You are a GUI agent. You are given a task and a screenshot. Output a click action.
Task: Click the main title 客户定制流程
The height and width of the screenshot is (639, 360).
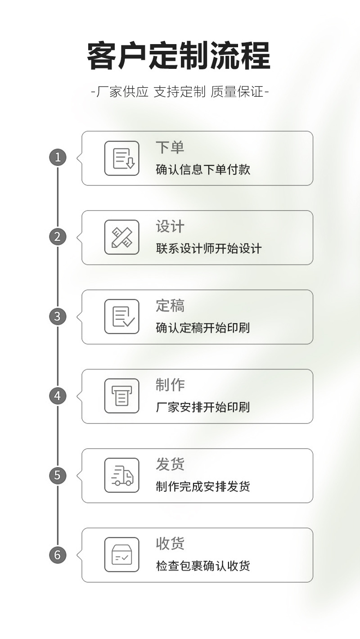[179, 56]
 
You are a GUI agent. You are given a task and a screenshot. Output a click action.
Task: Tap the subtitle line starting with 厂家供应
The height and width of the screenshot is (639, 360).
[180, 92]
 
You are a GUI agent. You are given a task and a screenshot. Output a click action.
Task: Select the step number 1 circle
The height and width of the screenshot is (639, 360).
[58, 157]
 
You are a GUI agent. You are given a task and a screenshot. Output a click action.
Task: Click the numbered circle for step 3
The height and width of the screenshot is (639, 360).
[58, 316]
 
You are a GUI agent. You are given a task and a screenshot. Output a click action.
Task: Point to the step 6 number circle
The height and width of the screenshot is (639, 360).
[58, 554]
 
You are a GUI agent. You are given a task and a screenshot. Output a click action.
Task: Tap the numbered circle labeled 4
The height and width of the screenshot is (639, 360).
[58, 396]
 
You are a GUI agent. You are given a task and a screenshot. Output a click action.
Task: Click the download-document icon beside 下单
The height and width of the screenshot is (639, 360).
[122, 158]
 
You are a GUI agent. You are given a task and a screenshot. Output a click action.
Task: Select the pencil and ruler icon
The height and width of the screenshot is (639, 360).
[122, 237]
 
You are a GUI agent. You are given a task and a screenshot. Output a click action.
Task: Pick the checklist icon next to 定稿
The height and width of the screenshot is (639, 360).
[122, 316]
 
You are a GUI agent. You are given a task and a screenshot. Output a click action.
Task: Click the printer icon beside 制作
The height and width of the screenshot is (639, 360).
[122, 396]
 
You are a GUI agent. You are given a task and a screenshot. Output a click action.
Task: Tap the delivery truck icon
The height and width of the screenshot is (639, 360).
[122, 475]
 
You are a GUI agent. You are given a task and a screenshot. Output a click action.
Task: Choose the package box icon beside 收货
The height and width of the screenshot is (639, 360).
[122, 554]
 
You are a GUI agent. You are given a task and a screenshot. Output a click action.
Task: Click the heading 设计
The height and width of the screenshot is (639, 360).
[170, 226]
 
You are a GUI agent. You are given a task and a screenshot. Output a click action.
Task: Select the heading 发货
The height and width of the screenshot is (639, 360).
[170, 464]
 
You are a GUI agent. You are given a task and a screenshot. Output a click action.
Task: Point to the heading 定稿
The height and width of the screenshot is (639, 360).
[170, 306]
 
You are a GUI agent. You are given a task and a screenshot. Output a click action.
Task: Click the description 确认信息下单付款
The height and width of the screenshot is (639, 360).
[203, 170]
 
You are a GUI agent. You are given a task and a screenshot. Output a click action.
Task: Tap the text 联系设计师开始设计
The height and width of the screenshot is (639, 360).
[209, 249]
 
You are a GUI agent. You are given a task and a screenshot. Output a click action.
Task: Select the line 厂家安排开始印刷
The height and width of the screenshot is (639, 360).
[203, 408]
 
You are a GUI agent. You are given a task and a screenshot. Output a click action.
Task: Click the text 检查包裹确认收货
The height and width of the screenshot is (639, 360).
[203, 566]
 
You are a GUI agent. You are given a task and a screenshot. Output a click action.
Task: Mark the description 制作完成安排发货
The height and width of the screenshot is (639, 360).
[203, 487]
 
